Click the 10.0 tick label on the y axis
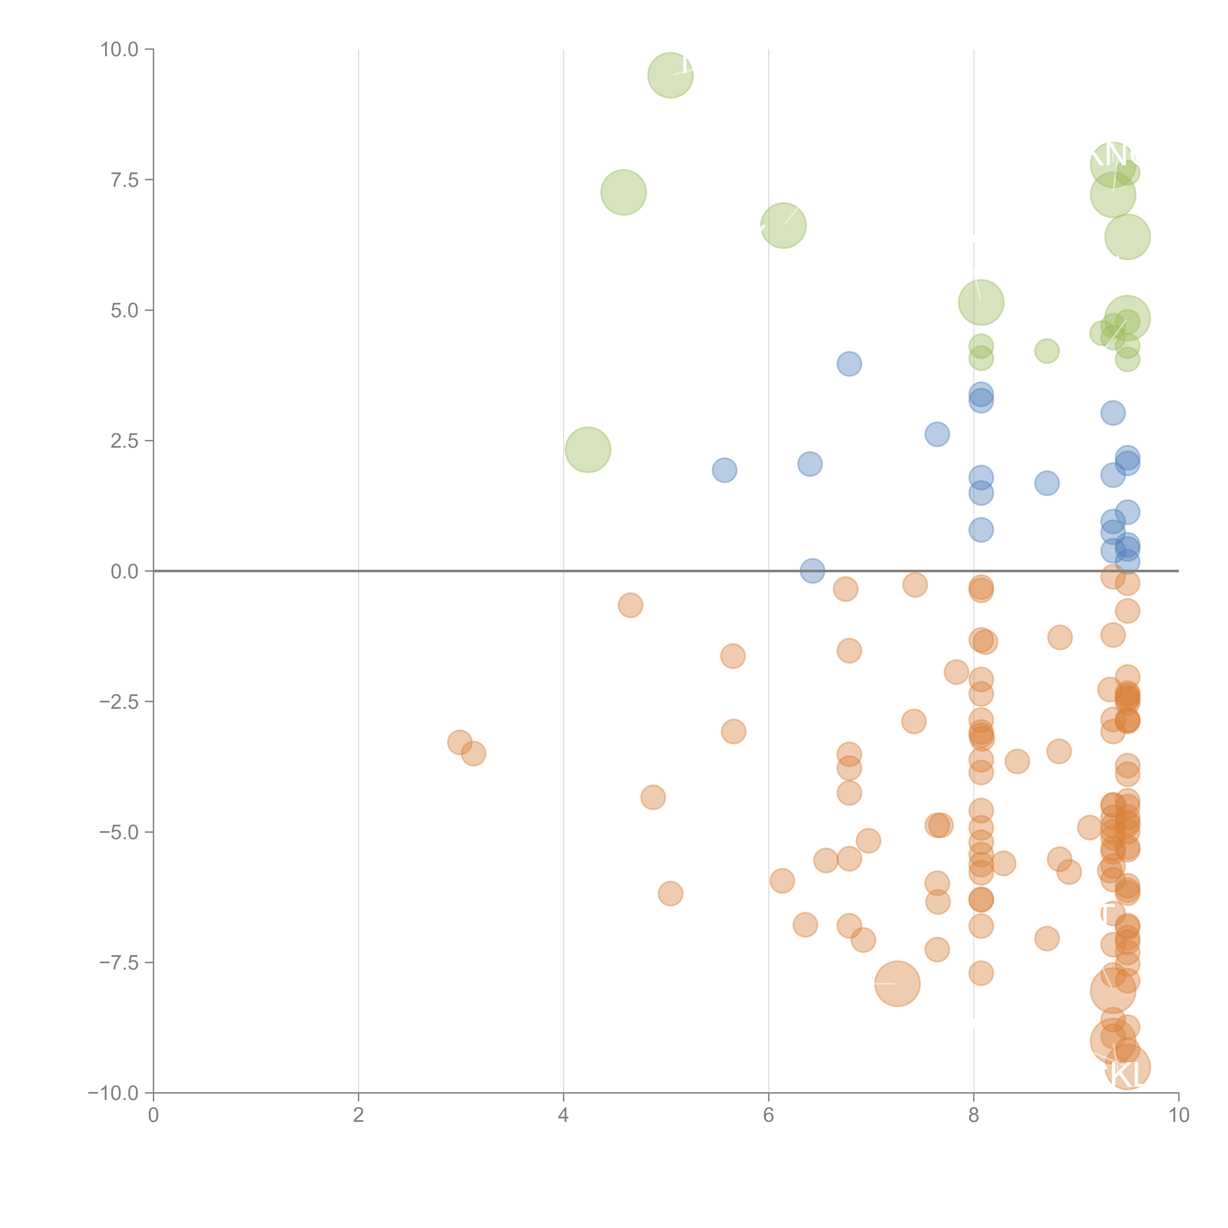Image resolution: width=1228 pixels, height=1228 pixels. [x=120, y=50]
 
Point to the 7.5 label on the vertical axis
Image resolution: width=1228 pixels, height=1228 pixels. [x=125, y=180]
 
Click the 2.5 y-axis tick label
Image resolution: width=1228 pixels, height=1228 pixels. [x=125, y=440]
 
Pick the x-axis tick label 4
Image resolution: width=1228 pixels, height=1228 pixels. [x=563, y=1116]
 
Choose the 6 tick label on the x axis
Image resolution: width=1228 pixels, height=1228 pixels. [x=768, y=1116]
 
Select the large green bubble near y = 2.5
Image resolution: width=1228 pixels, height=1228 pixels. [x=587, y=450]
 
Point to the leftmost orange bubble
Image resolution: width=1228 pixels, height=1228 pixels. [x=459, y=742]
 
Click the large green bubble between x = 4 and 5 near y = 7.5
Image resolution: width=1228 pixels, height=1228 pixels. [x=623, y=193]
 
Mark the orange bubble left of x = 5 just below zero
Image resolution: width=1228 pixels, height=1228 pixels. [x=630, y=605]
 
